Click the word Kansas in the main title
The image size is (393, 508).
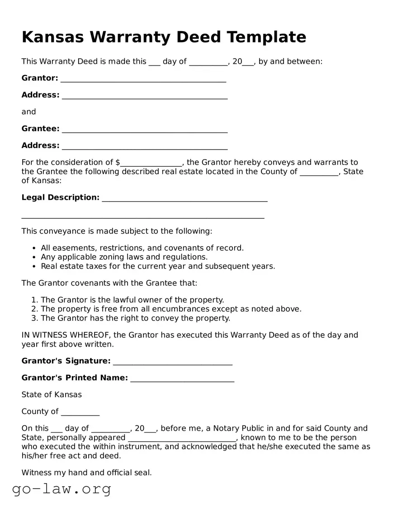tap(52, 37)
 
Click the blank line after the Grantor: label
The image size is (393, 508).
tap(143, 79)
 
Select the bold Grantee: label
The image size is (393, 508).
tap(40, 129)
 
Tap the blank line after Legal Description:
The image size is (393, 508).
tap(185, 198)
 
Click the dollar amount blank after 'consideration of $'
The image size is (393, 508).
tap(151, 163)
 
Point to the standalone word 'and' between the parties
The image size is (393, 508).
tap(28, 112)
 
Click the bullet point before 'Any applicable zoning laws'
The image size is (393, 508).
tap(34, 258)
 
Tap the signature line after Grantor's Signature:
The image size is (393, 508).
tap(172, 362)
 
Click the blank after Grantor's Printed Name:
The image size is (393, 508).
tap(182, 378)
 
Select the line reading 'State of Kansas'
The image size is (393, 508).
tap(52, 395)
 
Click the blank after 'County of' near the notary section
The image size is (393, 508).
tap(80, 412)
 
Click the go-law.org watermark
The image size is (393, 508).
tap(62, 489)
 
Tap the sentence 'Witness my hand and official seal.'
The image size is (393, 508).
tap(86, 473)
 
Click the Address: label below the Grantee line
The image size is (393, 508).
tap(40, 146)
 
